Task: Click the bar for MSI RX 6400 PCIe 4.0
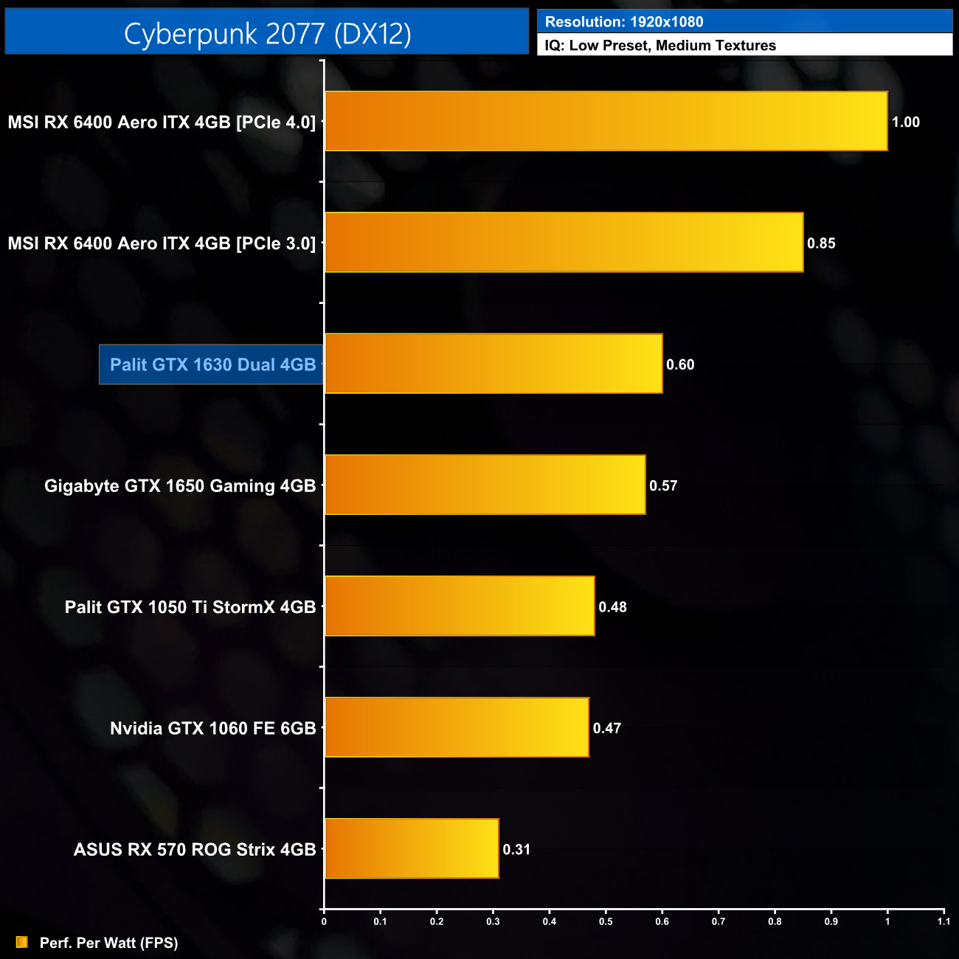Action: (x=606, y=121)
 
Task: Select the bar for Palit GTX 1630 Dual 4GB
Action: (x=494, y=364)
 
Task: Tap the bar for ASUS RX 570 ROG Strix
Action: (x=412, y=848)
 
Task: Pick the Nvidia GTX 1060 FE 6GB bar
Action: (x=457, y=727)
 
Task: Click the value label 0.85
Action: (x=821, y=243)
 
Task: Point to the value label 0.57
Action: (x=663, y=485)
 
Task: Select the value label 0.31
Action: (x=516, y=849)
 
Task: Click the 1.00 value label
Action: (x=906, y=122)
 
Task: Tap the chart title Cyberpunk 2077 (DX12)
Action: (x=267, y=33)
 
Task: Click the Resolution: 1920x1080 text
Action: (x=624, y=22)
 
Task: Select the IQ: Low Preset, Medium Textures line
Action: (x=660, y=46)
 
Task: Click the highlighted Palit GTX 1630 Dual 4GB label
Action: (x=212, y=364)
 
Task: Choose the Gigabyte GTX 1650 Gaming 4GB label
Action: (x=180, y=485)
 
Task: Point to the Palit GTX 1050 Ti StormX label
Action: (x=190, y=607)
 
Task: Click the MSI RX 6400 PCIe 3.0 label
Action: (x=162, y=243)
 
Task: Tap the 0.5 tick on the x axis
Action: (x=606, y=921)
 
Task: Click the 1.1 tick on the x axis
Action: (x=944, y=921)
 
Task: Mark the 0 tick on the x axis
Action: (x=324, y=921)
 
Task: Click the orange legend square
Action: (x=22, y=942)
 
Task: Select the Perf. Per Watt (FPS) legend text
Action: (x=108, y=943)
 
